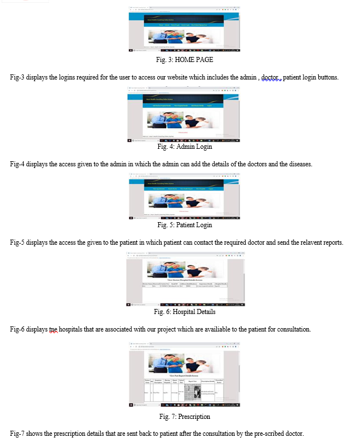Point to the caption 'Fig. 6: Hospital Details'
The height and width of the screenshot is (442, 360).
pos(184,312)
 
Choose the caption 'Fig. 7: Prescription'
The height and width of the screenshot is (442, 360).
pos(184,417)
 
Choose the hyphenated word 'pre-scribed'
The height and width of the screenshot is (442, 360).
pos(270,433)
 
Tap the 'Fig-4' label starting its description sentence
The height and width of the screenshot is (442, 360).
pos(19,164)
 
